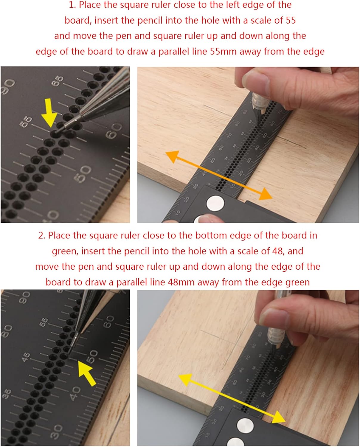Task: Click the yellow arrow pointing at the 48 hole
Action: pos(87,373)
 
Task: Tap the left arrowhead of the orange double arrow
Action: pos(173,156)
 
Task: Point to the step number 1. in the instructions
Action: pos(73,5)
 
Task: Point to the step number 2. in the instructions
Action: pos(42,235)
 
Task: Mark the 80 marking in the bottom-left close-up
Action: pos(7,331)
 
